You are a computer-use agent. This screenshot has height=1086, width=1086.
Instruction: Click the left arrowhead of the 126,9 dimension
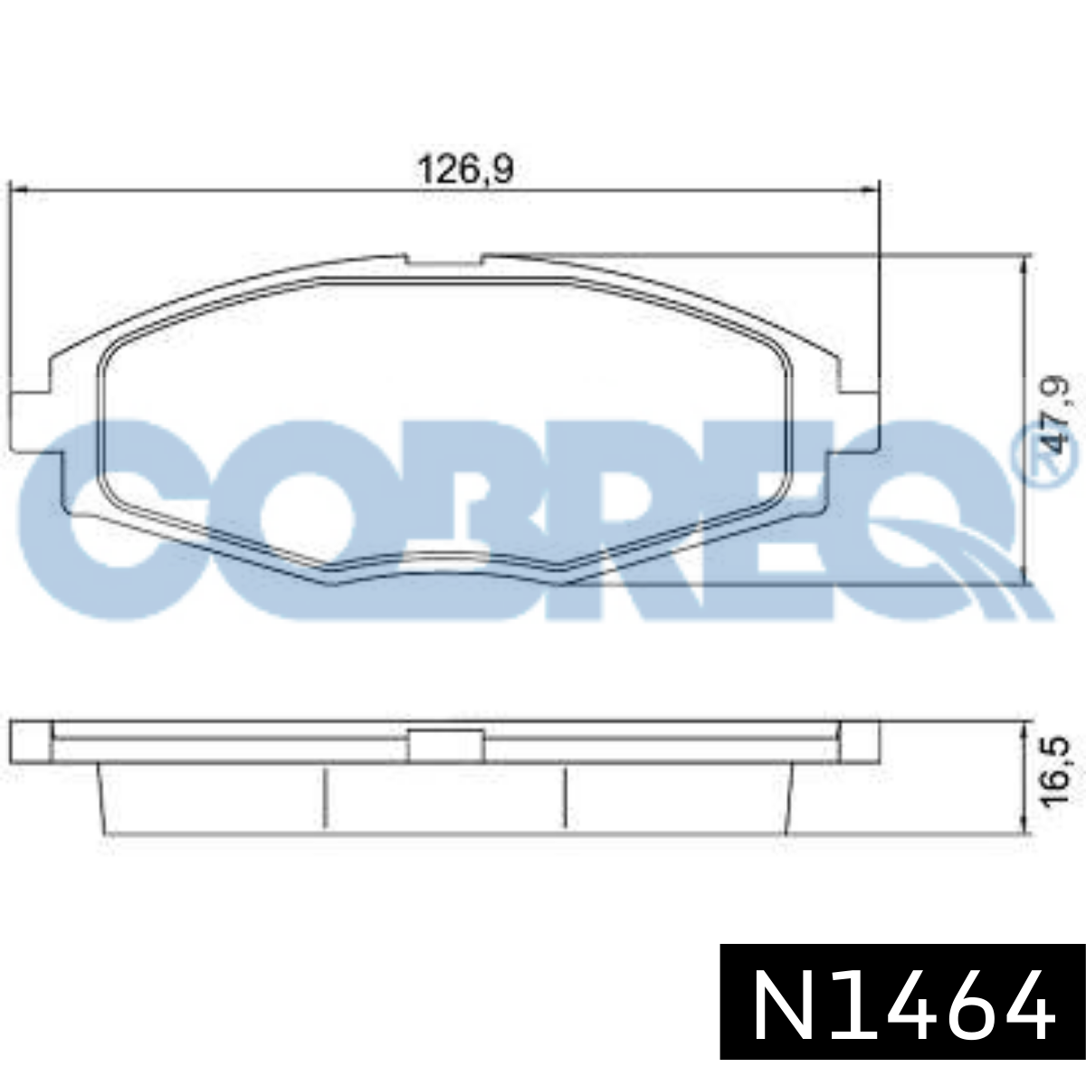[x=20, y=192]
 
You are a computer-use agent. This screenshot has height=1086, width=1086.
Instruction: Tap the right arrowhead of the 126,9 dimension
[x=870, y=192]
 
